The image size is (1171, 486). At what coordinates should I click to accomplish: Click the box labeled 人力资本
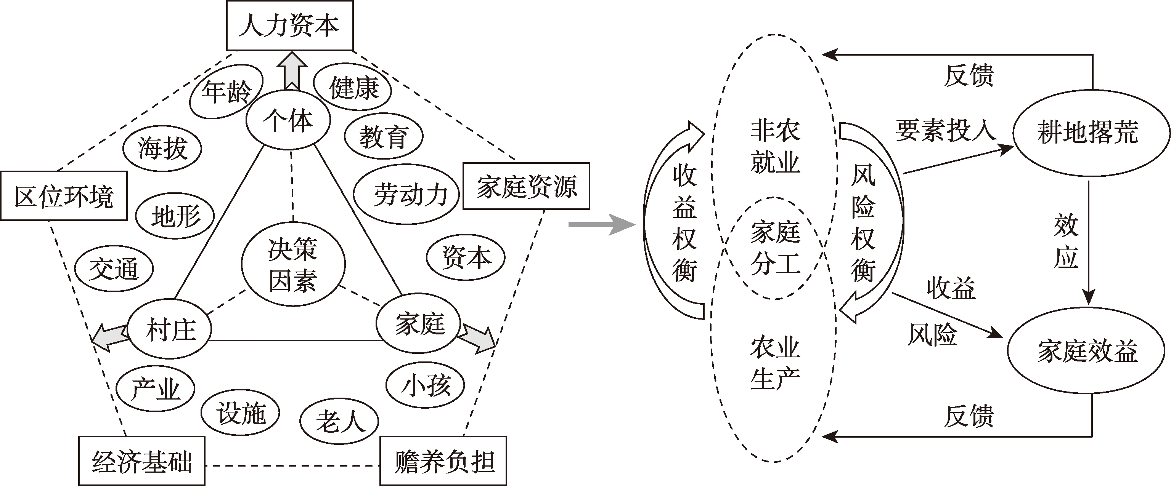[289, 26]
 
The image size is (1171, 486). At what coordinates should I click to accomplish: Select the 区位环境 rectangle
[64, 196]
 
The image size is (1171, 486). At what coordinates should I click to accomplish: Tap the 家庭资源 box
[526, 186]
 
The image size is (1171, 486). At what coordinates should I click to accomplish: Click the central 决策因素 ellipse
[293, 264]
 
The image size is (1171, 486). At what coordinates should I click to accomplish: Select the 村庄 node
[170, 329]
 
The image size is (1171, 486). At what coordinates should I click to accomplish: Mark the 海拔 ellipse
[162, 149]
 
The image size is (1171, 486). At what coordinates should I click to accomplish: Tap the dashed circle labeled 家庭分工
[775, 248]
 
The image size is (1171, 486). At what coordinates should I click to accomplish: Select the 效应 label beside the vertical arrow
[1066, 241]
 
